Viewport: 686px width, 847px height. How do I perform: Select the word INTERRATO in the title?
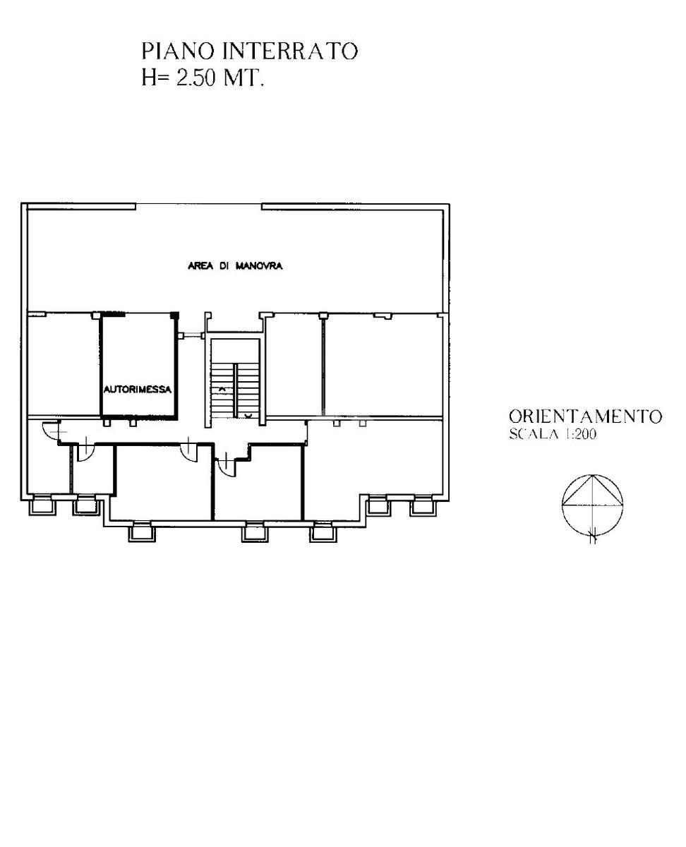[x=290, y=52]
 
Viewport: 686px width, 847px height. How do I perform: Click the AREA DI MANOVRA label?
[x=235, y=265]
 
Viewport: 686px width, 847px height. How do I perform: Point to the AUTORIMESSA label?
[x=138, y=390]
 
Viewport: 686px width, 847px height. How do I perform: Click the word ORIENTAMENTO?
[x=585, y=416]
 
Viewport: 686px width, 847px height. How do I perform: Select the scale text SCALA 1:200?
[x=553, y=433]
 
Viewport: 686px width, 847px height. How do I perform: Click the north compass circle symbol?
[x=593, y=505]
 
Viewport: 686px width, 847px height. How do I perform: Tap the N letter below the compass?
[x=594, y=539]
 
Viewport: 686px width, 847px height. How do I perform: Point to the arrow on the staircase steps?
[x=222, y=388]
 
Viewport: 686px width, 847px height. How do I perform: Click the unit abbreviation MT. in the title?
[x=243, y=78]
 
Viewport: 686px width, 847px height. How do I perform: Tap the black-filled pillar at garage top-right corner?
[x=174, y=316]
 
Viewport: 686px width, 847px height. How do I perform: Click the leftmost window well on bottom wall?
[x=42, y=506]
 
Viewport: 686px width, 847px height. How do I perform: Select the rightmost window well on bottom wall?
[x=423, y=506]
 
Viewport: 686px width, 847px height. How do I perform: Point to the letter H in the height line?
[x=150, y=78]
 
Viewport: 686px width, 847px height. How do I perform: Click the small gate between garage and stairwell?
[x=191, y=335]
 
